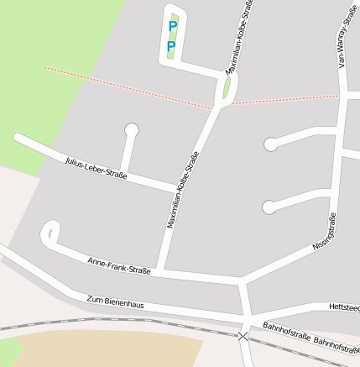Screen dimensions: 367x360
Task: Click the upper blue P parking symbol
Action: click(x=173, y=26)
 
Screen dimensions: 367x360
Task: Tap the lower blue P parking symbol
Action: click(x=171, y=45)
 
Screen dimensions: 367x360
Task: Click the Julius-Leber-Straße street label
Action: click(x=96, y=168)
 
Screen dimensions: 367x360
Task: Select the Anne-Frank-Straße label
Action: click(x=119, y=266)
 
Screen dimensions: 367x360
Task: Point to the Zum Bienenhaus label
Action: click(x=116, y=301)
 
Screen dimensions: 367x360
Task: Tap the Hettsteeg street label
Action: click(x=344, y=308)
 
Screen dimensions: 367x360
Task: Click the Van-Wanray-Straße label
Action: click(x=343, y=39)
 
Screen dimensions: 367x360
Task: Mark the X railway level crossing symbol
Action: click(x=243, y=336)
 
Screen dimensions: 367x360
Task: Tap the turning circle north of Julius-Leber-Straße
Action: click(x=131, y=129)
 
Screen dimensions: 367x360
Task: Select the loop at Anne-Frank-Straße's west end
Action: click(x=50, y=233)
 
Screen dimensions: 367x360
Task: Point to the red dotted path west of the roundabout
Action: click(x=126, y=87)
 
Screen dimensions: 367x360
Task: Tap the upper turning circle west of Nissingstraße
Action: click(x=270, y=144)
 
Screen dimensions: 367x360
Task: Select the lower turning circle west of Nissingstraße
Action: click(x=269, y=207)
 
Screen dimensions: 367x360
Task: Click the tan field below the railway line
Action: click(x=109, y=349)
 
